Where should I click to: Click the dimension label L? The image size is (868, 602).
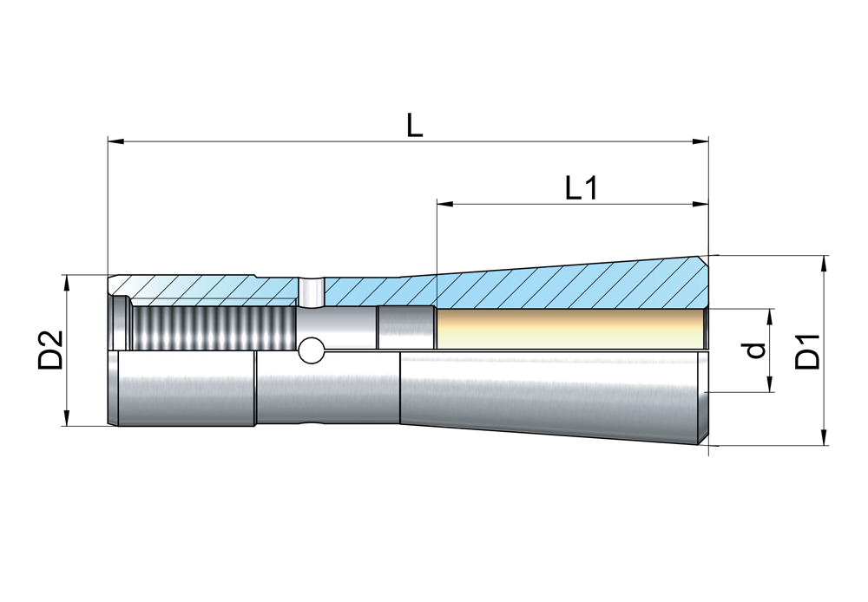414,125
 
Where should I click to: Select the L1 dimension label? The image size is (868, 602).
582,188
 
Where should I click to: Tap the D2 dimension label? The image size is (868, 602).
50,350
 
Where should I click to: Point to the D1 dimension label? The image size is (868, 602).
806,351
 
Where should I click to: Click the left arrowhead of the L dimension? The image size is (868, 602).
115,142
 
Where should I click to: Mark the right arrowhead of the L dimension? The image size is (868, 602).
700,142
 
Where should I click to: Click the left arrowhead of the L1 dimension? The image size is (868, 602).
445,205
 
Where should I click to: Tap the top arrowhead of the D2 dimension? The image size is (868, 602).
67,283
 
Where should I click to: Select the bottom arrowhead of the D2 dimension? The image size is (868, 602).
67,418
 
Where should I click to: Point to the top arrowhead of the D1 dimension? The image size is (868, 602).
825,264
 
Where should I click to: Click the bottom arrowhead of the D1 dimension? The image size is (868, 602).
825,437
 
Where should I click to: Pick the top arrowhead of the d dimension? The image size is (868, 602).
770,317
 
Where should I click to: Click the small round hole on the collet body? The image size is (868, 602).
311,350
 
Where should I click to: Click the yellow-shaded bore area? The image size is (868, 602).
571,330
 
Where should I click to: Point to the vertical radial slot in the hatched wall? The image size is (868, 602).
311,291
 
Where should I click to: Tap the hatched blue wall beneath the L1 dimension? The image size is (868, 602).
571,286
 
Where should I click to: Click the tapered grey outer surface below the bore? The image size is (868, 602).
554,393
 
